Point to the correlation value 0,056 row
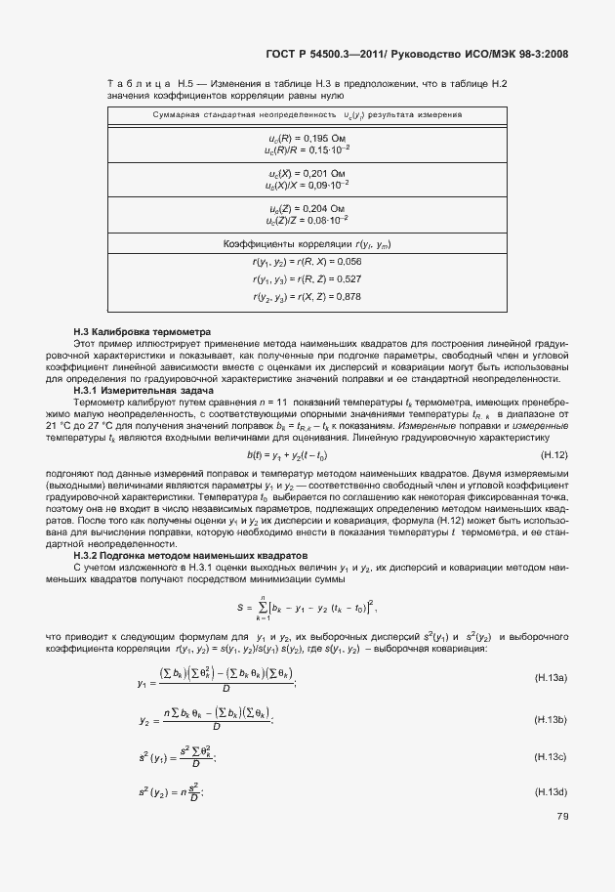coord(307,262)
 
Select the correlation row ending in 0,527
coord(307,279)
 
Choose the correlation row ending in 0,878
coord(307,296)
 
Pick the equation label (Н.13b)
coord(552,719)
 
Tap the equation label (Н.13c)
coord(552,756)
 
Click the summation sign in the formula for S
coord(262,607)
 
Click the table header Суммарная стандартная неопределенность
coord(231,115)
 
